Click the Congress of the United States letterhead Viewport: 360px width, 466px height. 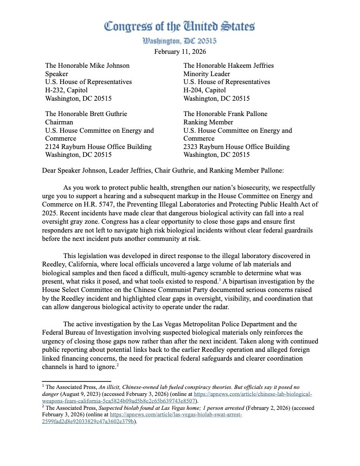pos(180,26)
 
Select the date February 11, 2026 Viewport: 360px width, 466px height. pos(180,52)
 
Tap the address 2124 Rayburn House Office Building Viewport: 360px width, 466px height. pos(98,147)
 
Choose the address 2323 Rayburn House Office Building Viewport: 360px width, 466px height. pos(236,147)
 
